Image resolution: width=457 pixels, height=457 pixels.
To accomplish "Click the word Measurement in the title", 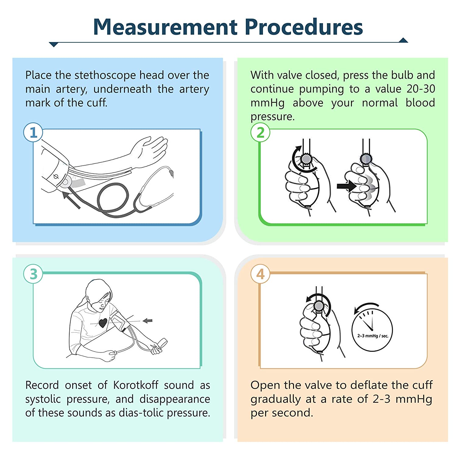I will click(x=165, y=27).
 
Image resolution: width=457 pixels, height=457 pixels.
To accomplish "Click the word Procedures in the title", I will click(x=303, y=27).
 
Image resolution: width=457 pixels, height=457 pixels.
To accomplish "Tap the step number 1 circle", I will click(x=33, y=133).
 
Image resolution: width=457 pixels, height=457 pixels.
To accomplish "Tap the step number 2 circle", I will click(x=260, y=133).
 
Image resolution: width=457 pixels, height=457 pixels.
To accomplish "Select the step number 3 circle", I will click(x=33, y=274).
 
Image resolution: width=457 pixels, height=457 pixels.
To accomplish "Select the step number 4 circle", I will click(x=260, y=274).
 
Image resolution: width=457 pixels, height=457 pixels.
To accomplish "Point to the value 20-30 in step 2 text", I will click(x=420, y=89).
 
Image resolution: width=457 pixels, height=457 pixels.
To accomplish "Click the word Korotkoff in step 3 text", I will click(x=136, y=385).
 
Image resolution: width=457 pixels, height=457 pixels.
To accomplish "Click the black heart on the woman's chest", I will click(x=103, y=323).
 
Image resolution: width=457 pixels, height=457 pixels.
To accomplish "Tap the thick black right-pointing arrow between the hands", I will click(x=346, y=186).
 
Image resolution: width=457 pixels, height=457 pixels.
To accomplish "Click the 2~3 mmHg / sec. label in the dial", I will click(x=373, y=336).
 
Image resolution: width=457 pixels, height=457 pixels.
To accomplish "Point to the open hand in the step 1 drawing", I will click(x=151, y=149).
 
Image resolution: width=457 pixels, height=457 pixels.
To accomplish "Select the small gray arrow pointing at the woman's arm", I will click(x=148, y=321).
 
